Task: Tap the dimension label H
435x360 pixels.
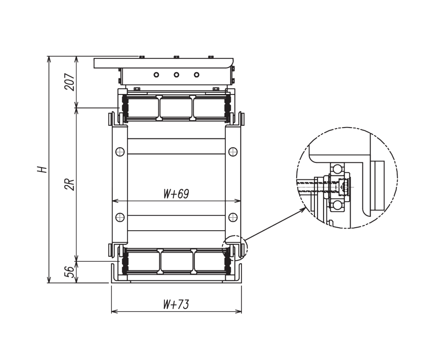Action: pyautogui.click(x=42, y=169)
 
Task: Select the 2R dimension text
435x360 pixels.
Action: pyautogui.click(x=70, y=184)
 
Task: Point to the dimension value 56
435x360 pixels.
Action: pyautogui.click(x=70, y=272)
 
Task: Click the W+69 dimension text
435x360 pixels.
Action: pyautogui.click(x=176, y=194)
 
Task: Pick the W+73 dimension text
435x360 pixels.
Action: pyautogui.click(x=176, y=304)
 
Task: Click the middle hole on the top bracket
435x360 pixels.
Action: pyautogui.click(x=177, y=75)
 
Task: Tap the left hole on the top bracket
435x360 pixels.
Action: pyautogui.click(x=157, y=75)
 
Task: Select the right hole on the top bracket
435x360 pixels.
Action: pyautogui.click(x=197, y=75)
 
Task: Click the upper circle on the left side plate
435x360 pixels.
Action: pyautogui.click(x=120, y=151)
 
